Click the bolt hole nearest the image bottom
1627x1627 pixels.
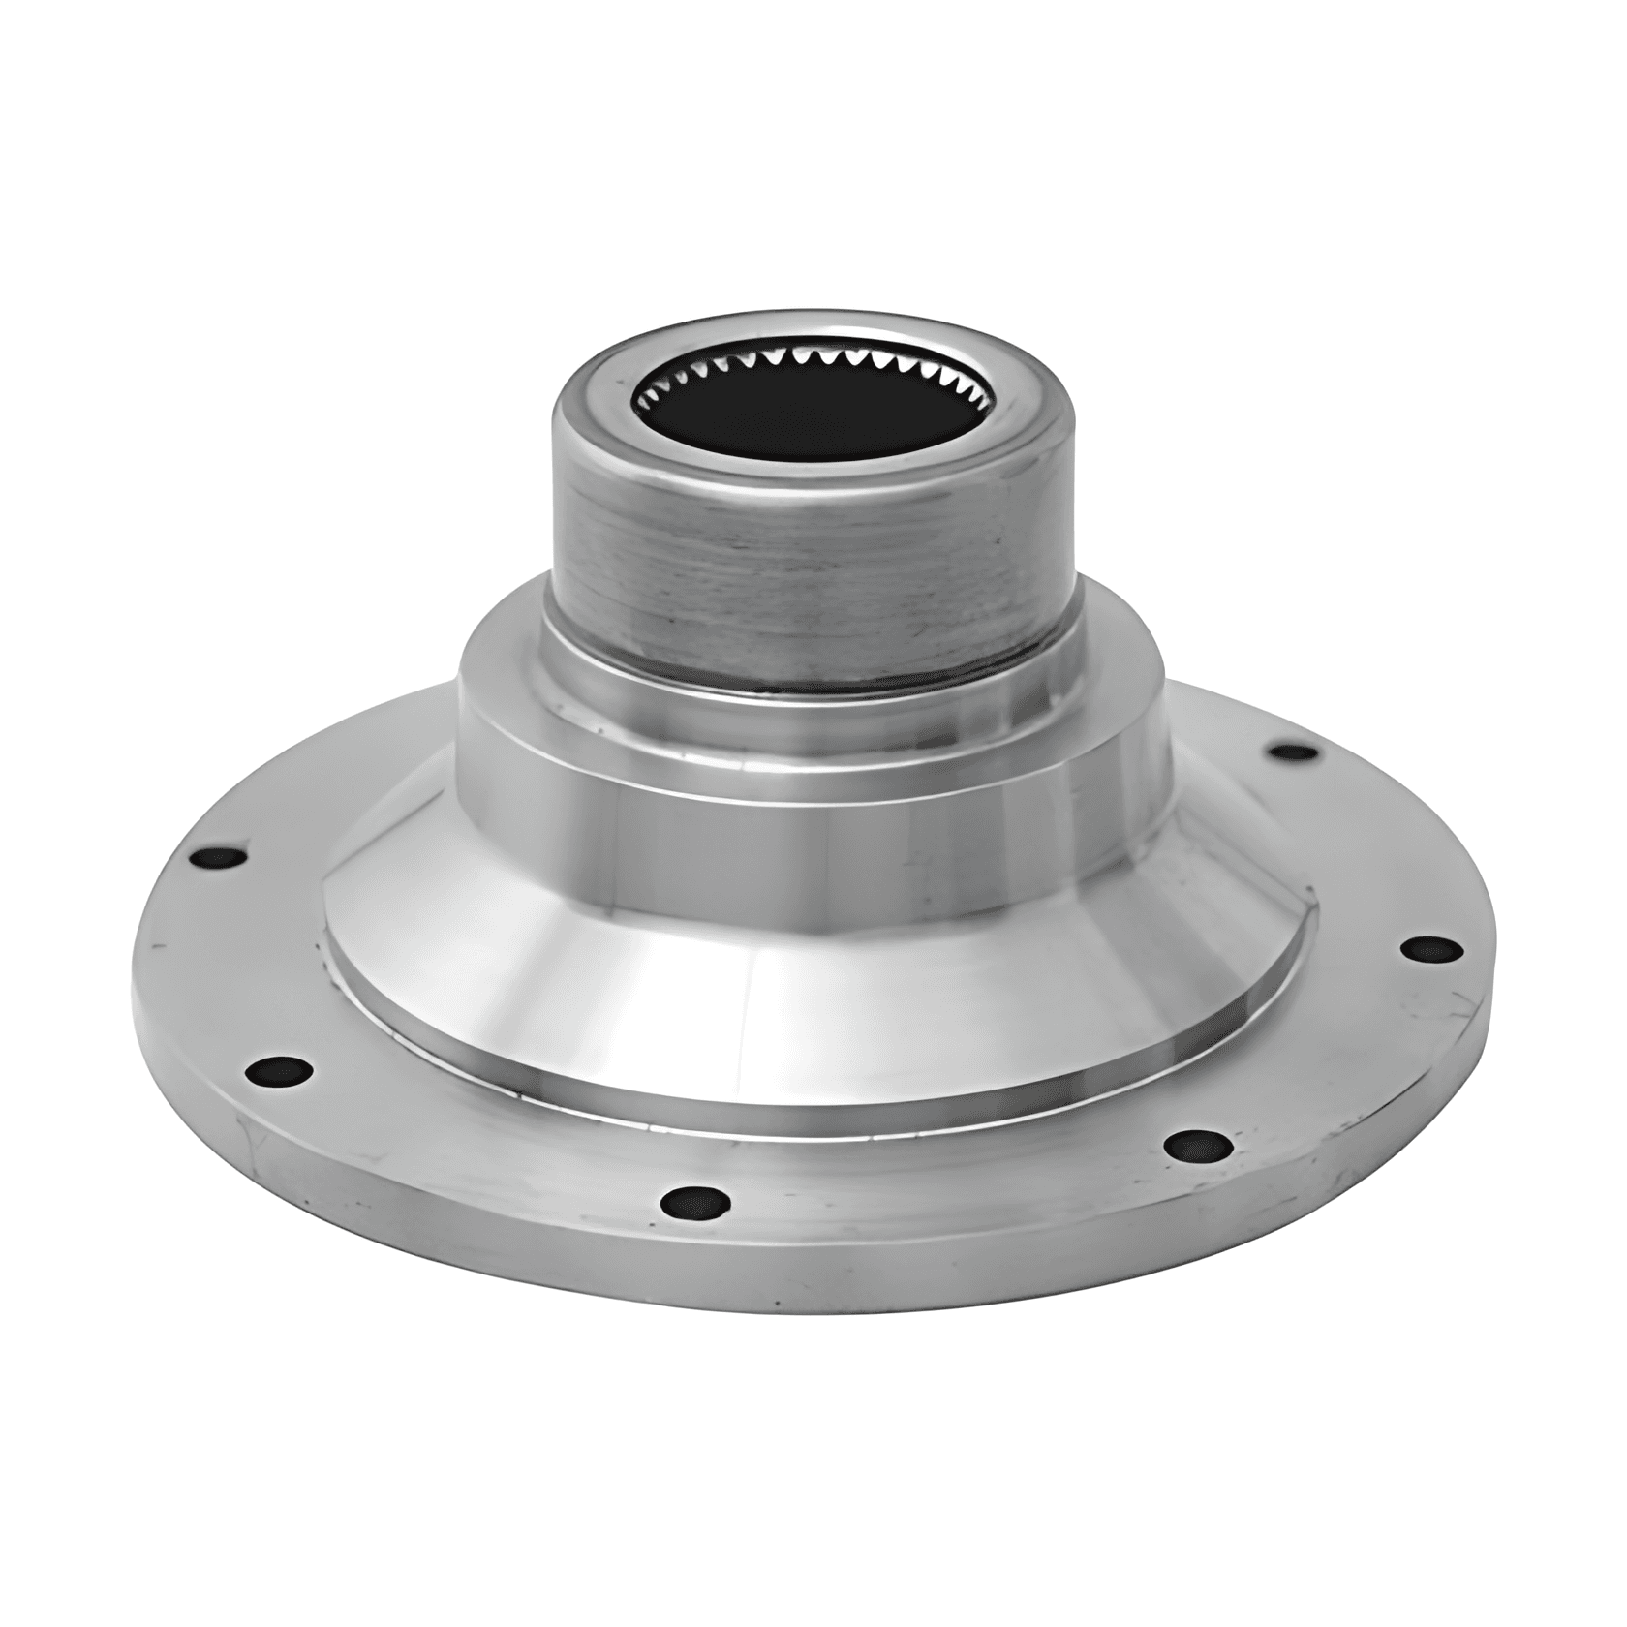tap(695, 1204)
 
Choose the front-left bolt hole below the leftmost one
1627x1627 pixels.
tap(279, 1071)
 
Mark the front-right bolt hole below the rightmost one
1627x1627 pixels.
tap(1198, 1146)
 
